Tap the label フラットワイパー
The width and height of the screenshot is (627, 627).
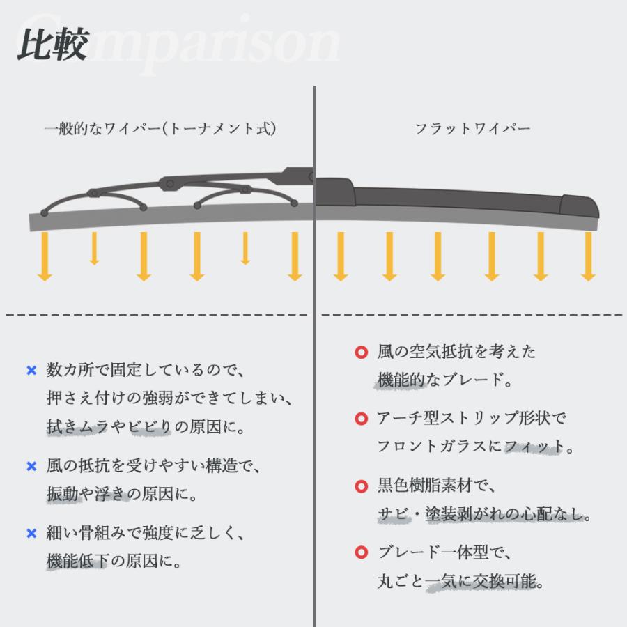click(x=472, y=129)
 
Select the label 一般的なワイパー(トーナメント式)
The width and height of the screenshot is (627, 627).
click(x=160, y=129)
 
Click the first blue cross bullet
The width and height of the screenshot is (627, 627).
click(x=31, y=371)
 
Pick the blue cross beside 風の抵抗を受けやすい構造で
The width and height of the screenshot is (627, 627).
click(x=31, y=466)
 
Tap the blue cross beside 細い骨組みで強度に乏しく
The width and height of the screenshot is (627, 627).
click(x=31, y=534)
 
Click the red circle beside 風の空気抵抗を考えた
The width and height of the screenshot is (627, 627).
click(x=361, y=353)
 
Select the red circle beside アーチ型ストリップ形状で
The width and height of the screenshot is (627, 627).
click(x=361, y=419)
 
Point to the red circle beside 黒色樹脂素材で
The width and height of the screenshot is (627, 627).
click(x=361, y=486)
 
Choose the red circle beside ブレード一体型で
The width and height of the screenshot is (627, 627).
click(x=361, y=553)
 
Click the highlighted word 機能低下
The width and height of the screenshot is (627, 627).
click(x=77, y=562)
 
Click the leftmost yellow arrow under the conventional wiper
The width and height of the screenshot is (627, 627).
click(x=45, y=256)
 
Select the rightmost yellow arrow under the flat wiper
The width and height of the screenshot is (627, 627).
click(x=588, y=256)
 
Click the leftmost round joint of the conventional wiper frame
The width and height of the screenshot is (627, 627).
click(x=45, y=211)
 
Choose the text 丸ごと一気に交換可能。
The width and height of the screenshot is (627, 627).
click(x=460, y=581)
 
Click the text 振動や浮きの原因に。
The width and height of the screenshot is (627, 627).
click(x=122, y=494)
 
